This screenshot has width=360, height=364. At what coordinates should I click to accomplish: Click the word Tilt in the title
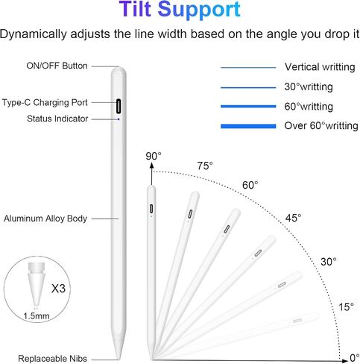point(136,9)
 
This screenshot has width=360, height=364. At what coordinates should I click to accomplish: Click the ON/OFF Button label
point(57,66)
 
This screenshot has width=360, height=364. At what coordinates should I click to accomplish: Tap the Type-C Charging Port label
point(45,102)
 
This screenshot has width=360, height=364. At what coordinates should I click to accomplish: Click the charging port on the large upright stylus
point(119,106)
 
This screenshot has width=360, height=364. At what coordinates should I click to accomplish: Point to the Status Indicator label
point(57,119)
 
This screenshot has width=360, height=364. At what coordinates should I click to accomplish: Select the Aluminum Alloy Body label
point(45,219)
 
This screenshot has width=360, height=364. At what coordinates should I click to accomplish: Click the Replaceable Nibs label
point(52,359)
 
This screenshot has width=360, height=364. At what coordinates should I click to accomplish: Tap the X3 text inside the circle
point(58,289)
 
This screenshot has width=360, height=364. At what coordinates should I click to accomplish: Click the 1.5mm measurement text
point(37,316)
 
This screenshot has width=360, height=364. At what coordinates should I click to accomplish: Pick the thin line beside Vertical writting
point(248,67)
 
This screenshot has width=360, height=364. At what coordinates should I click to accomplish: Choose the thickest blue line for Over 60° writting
point(248,126)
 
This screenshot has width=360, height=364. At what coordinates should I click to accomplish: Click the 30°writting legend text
point(309,87)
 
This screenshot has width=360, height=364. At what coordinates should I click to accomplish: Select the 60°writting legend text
point(309,107)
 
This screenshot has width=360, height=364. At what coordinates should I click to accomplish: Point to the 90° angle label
point(154,156)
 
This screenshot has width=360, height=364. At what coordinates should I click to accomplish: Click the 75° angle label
point(205,166)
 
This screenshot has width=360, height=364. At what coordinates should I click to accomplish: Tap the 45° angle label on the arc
point(293,218)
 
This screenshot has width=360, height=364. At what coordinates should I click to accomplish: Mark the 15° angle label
point(347,307)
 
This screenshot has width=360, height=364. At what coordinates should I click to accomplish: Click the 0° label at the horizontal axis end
point(354,358)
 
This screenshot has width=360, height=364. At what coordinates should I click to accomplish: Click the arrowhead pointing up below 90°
point(152,166)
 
